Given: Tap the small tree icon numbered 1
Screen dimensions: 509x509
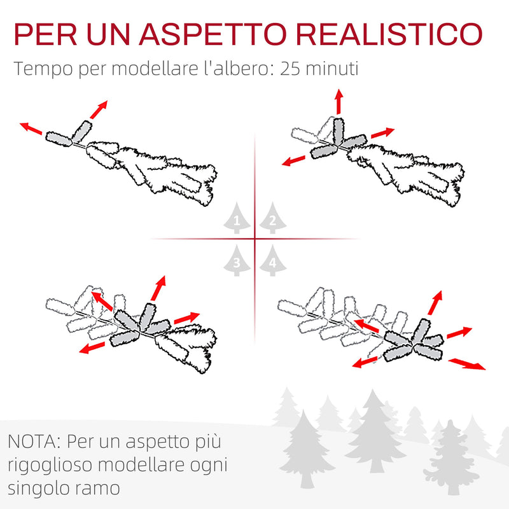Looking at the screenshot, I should click(x=237, y=220).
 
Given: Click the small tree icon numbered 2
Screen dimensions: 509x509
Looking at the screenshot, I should click(x=272, y=220).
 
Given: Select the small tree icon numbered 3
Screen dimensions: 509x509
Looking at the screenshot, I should click(x=237, y=260).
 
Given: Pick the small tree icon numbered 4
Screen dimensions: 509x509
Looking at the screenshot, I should click(x=272, y=260).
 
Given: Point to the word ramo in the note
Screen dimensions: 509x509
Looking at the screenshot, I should click(x=104, y=489).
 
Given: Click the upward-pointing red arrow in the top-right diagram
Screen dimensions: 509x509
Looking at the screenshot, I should click(x=338, y=101).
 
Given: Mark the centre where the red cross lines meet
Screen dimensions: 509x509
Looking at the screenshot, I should click(x=254, y=239).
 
